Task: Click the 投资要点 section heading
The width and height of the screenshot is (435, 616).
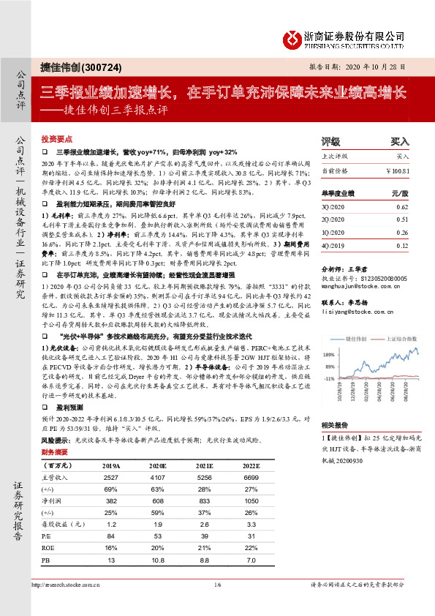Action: click(x=56, y=138)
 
